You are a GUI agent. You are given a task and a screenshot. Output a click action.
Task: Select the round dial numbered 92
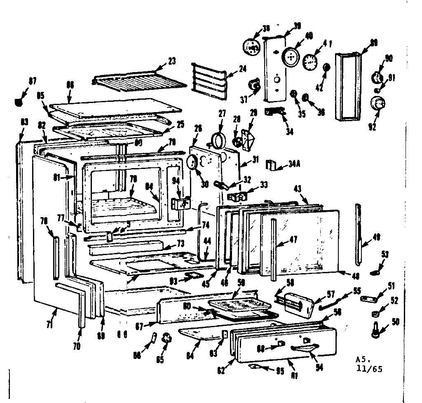376,103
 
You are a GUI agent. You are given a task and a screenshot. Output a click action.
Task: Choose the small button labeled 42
327,67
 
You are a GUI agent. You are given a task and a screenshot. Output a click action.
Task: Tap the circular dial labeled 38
250,46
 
